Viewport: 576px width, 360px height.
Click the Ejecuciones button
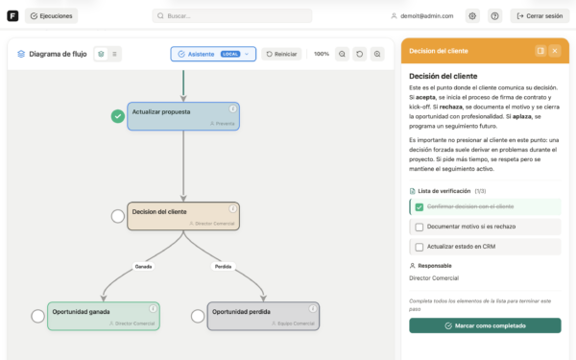click(52, 16)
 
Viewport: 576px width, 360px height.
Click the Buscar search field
click(231, 16)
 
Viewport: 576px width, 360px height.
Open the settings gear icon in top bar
click(471, 16)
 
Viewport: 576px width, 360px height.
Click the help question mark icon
click(494, 16)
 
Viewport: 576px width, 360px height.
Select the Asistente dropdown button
click(213, 54)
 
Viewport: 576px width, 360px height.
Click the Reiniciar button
click(281, 54)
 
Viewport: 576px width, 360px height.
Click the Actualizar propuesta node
click(182, 116)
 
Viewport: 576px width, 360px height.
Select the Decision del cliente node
click(182, 215)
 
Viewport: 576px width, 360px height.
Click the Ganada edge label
click(142, 266)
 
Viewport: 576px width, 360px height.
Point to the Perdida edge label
click(223, 266)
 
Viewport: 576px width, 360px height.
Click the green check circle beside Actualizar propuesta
click(117, 116)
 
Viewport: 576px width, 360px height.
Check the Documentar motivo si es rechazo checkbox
click(419, 227)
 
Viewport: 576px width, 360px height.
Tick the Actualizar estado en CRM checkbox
click(419, 247)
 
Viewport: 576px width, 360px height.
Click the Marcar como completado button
click(485, 325)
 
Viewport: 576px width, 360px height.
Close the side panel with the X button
click(555, 50)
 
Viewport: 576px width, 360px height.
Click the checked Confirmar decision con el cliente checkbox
click(419, 206)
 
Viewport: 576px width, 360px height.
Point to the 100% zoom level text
click(322, 54)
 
